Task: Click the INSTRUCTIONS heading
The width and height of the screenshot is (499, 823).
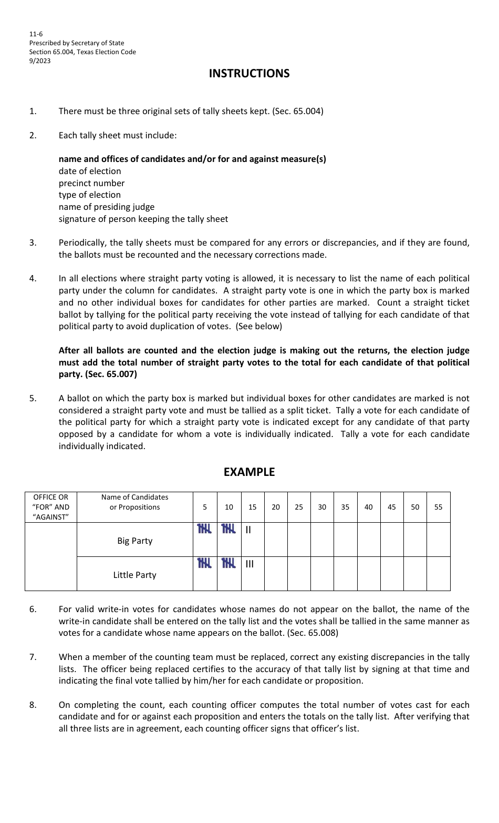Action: [249, 74]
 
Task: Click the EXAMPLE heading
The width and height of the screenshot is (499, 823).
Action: [249, 472]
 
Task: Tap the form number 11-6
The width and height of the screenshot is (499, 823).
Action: [36, 34]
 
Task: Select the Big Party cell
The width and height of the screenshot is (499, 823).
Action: [134, 541]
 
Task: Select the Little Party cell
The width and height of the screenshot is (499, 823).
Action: [134, 575]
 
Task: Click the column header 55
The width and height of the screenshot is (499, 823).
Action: [438, 507]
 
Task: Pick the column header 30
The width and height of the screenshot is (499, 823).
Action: [322, 507]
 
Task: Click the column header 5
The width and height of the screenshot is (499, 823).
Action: [205, 507]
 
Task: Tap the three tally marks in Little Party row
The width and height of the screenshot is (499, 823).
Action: [250, 564]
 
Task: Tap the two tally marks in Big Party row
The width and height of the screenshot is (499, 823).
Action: [248, 530]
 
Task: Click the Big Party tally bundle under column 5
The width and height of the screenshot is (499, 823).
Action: [204, 529]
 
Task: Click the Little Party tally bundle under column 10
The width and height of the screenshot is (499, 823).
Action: [228, 563]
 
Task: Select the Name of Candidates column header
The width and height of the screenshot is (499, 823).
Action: [134, 502]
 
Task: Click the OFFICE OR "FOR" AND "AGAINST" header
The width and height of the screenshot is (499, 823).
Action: [51, 507]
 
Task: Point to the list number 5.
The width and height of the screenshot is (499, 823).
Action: [33, 399]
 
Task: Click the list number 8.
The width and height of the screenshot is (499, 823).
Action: [33, 705]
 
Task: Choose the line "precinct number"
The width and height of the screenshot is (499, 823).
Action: [91, 184]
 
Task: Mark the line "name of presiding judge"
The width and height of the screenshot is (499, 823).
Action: [107, 207]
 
